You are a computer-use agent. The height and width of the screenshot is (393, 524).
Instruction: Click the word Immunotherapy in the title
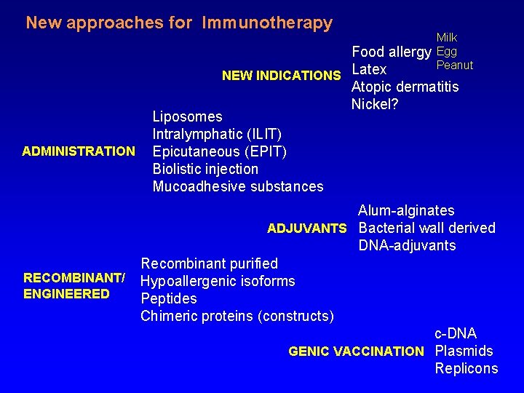[267, 23]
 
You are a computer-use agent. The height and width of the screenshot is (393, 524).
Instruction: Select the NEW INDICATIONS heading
[281, 76]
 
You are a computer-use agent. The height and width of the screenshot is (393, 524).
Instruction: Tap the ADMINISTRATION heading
[79, 151]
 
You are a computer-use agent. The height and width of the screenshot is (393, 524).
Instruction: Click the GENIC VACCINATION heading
[356, 352]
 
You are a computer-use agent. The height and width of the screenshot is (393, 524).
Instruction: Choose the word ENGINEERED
[66, 294]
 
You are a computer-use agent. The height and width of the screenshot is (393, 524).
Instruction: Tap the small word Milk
[447, 38]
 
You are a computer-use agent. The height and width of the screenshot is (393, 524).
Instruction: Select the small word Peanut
[455, 65]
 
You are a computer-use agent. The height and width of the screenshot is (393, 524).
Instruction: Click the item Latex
[369, 70]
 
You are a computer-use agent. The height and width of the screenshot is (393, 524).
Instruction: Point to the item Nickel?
[376, 104]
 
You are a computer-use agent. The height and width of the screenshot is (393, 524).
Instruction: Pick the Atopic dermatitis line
[405, 87]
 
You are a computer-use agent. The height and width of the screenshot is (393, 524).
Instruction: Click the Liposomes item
[187, 116]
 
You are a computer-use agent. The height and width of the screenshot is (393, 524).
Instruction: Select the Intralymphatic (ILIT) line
[217, 134]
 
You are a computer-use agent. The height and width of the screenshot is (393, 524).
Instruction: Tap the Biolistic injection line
[205, 169]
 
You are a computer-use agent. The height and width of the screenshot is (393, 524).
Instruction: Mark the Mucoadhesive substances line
[238, 186]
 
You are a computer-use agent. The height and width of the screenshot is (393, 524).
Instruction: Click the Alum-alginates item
[406, 211]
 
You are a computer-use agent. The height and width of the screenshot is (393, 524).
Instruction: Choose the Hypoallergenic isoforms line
[218, 281]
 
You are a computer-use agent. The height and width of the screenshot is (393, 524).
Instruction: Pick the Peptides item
[169, 298]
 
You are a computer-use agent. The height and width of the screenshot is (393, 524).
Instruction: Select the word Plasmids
[464, 352]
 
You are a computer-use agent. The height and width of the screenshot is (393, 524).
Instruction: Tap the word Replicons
[467, 369]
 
